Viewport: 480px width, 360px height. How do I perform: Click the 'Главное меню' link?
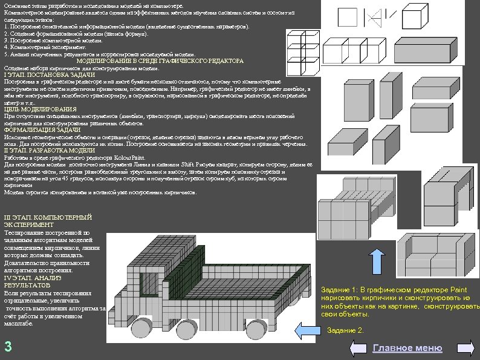tap(407, 348)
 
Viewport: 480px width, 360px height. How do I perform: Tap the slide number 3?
tap(8, 347)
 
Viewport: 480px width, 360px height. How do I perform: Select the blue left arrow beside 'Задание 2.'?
tap(308, 330)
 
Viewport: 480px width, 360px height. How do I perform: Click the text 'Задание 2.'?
tap(345, 330)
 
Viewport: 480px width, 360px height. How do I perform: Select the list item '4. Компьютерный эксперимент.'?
tap(42, 47)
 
